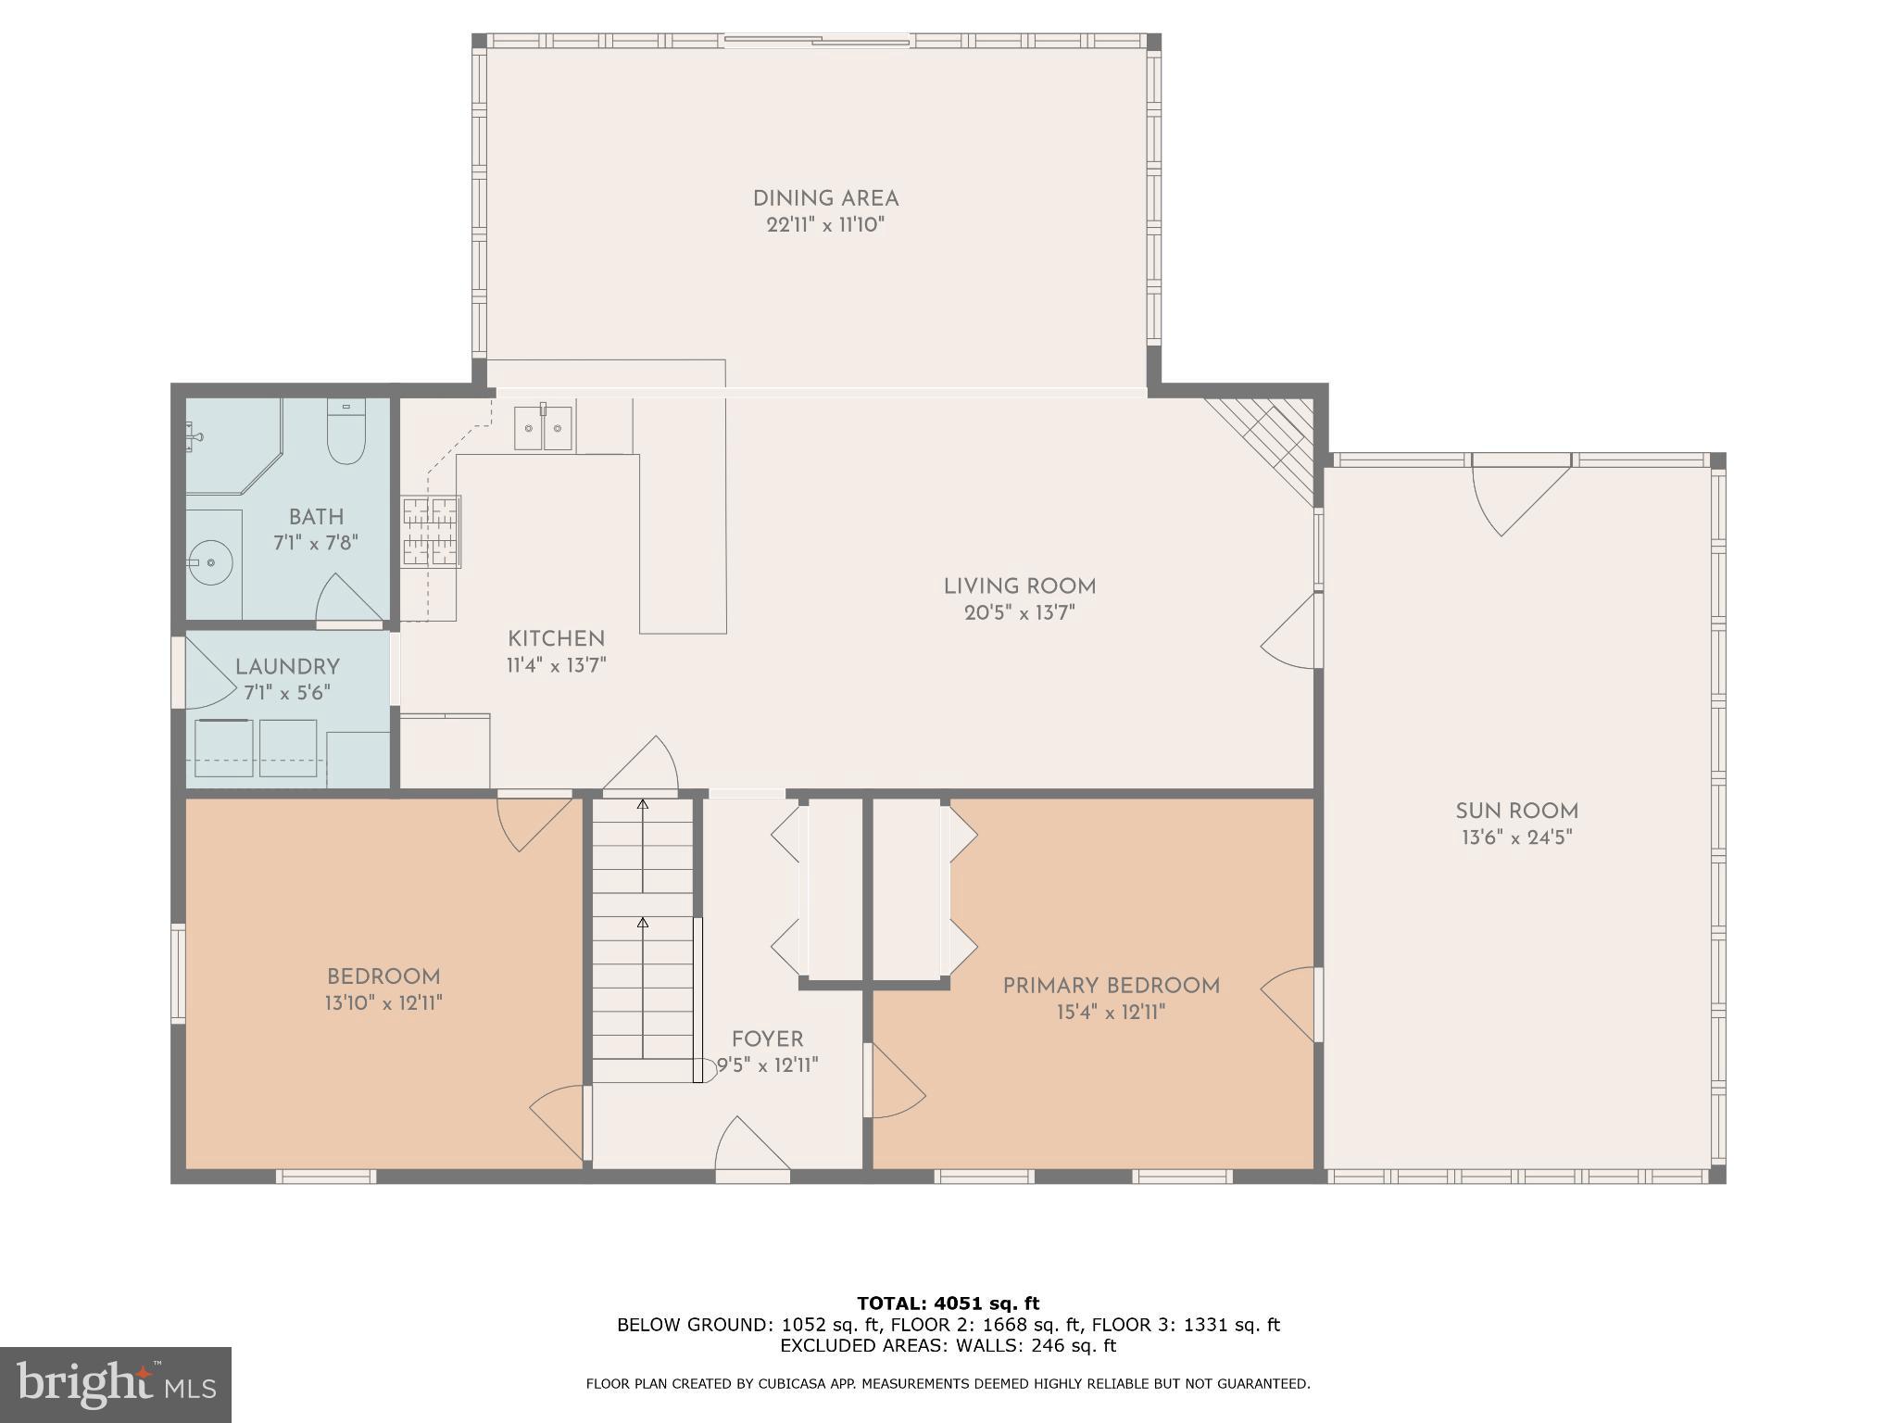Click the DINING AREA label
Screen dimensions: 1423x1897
[x=825, y=199]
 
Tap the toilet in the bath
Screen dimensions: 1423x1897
[x=346, y=433]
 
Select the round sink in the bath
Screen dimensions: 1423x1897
[x=211, y=562]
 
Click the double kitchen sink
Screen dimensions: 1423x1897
[x=544, y=429]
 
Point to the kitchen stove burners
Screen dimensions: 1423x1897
[x=431, y=531]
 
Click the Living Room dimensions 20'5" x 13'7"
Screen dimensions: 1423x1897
[x=1019, y=612]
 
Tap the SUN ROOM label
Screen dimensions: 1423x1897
[x=1516, y=812]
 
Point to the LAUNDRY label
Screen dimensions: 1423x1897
[x=287, y=667]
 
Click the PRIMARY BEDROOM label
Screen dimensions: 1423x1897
[x=1111, y=986]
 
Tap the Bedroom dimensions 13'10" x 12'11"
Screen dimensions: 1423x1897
[x=383, y=1002]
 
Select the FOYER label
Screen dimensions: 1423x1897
[x=767, y=1039]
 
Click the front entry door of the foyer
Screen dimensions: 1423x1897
[x=751, y=1149]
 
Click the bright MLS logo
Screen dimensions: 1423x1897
[x=115, y=1385]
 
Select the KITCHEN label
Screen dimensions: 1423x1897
[x=556, y=639]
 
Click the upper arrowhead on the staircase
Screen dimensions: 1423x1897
[x=643, y=804]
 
